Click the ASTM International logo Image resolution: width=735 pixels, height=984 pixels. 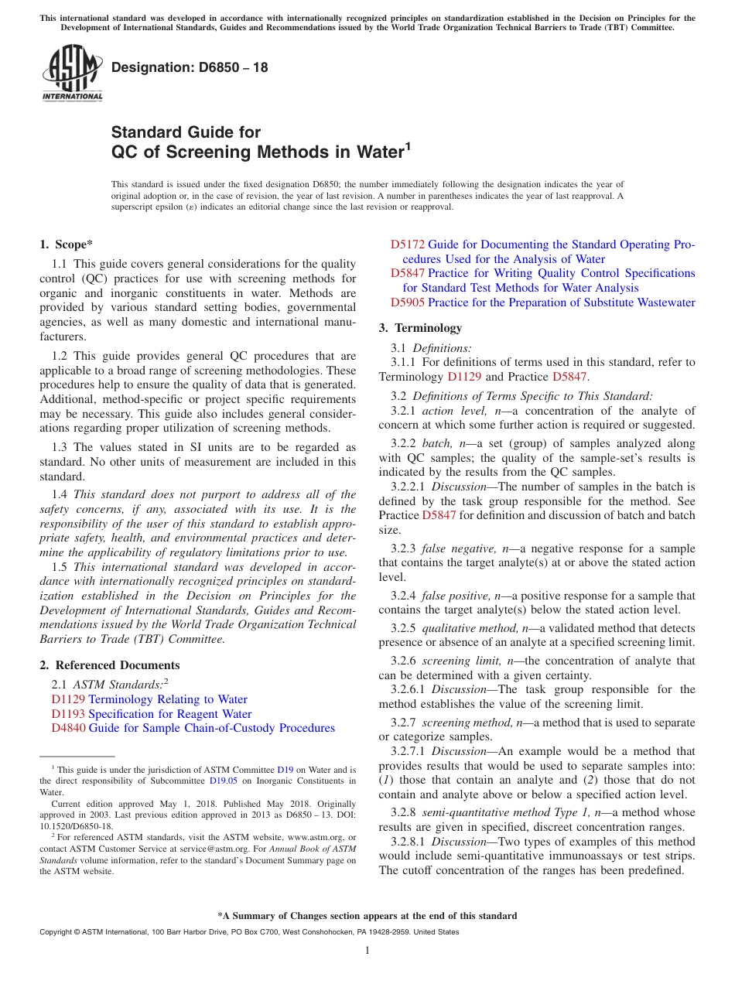(x=72, y=73)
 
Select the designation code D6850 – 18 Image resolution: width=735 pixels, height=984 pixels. (x=190, y=67)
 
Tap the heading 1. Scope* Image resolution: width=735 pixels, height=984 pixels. (x=67, y=244)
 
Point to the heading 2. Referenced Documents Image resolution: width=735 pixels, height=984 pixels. (x=110, y=665)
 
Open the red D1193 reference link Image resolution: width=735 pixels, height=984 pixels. (x=68, y=714)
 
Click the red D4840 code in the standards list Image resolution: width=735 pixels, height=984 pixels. (x=68, y=728)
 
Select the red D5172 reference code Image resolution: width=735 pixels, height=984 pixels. (x=407, y=244)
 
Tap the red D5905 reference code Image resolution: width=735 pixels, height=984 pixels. (x=407, y=302)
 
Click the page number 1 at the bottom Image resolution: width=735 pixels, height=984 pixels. (x=367, y=951)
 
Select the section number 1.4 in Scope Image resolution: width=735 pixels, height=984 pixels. (x=60, y=494)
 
